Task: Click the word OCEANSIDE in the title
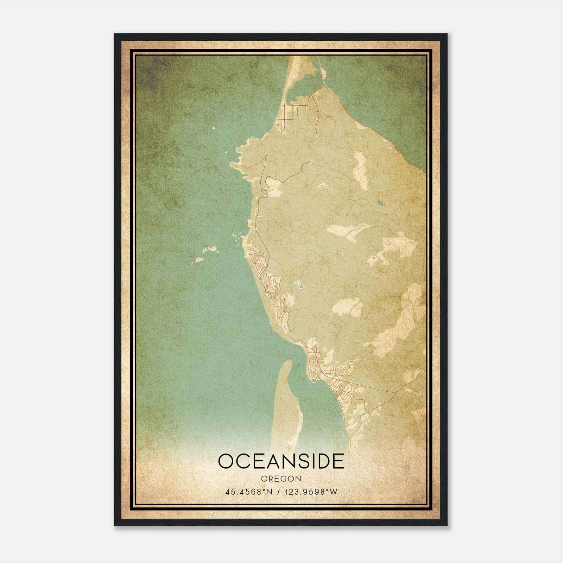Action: click(x=281, y=461)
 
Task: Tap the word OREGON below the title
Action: click(x=281, y=479)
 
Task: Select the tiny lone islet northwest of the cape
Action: click(x=214, y=128)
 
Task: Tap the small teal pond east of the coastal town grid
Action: click(x=300, y=287)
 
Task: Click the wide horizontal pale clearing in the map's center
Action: click(x=347, y=230)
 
